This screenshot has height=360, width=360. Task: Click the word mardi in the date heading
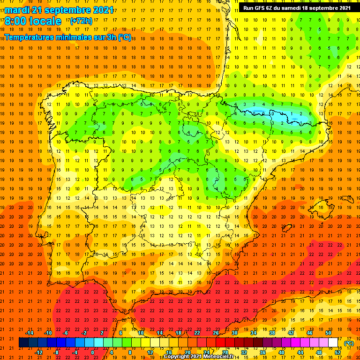pyautogui.click(x=18, y=10)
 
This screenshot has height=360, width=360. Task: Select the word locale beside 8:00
pyautogui.click(x=45, y=21)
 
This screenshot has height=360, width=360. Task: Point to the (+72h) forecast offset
pyautogui.click(x=81, y=21)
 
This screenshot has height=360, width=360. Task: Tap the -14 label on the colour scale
pyautogui.click(x=29, y=333)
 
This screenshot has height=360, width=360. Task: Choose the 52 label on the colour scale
pyautogui.click(x=337, y=352)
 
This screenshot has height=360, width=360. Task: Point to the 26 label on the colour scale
pyautogui.click(x=216, y=333)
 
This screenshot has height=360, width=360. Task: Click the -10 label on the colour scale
pyautogui.click(x=48, y=333)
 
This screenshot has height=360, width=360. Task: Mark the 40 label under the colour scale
pyautogui.click(x=281, y=352)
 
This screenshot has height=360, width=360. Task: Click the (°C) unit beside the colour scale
pyautogui.click(x=349, y=343)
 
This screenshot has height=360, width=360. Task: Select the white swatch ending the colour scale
pyautogui.click(x=333, y=343)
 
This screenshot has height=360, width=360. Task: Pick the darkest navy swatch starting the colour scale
pyautogui.click(x=23, y=343)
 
